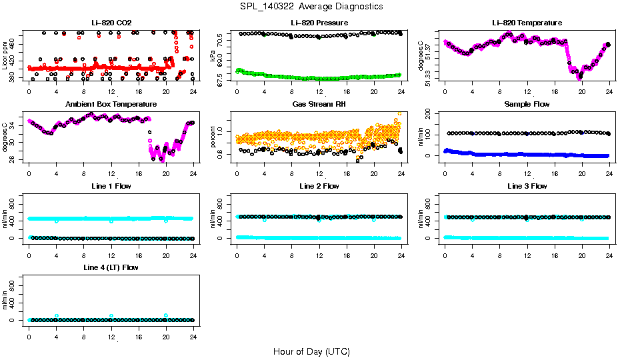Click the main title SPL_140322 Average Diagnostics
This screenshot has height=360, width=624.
pyautogui.click(x=311, y=6)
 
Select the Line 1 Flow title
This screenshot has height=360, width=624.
pyautogui.click(x=111, y=186)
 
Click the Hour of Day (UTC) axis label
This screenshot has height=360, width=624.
pyautogui.click(x=311, y=351)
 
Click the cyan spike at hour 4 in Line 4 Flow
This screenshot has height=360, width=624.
pyautogui.click(x=57, y=315)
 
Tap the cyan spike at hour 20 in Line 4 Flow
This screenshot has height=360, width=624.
pyautogui.click(x=166, y=315)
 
